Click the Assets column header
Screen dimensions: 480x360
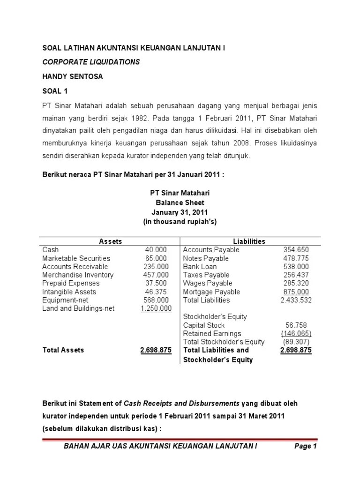pos(111,241)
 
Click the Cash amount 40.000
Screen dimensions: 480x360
pos(156,250)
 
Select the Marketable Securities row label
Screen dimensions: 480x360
pos(76,258)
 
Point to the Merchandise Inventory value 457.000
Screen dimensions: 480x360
pos(156,275)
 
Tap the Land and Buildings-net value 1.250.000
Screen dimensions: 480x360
pos(156,309)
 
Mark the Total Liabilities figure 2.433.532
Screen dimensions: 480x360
pos(296,300)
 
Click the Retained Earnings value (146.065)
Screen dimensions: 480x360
pos(296,334)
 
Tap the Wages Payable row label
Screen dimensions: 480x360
pos(206,284)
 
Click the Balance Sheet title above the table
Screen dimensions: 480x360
pos(180,203)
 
